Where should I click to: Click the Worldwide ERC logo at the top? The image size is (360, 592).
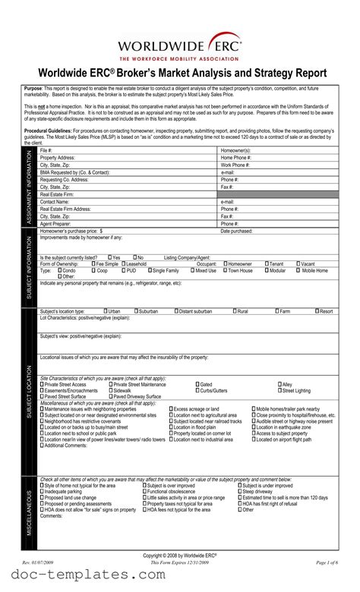tap(180, 41)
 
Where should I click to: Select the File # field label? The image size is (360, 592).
tap(46, 151)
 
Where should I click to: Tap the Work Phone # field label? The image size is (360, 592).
tap(236, 165)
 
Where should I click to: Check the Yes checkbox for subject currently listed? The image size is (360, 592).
tap(109, 257)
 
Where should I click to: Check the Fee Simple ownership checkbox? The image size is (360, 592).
tap(94, 263)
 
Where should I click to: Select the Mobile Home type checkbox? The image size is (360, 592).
tap(298, 270)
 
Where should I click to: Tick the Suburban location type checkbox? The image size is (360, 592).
tap(137, 311)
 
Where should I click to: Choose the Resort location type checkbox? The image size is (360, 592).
tap(316, 311)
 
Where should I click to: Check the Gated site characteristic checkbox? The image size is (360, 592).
tap(197, 385)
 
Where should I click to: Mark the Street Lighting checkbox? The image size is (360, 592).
tap(280, 391)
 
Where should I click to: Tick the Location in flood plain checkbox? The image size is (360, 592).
tap(170, 427)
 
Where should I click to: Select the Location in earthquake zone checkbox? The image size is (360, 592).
tap(254, 427)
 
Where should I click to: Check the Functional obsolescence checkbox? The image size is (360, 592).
tap(144, 492)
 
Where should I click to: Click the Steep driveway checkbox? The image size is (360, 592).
tap(239, 492)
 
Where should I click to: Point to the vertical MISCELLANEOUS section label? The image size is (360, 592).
tap(30, 505)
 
